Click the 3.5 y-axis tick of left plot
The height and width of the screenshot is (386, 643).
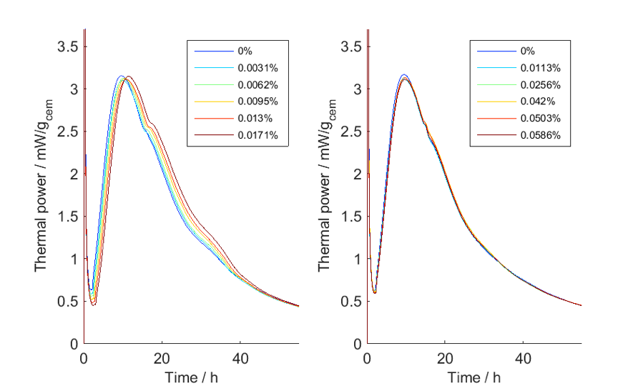(69, 46)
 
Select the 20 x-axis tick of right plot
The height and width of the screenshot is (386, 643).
(446, 357)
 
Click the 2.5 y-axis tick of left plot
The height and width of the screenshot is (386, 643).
(69, 132)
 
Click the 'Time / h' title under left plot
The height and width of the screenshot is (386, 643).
(191, 377)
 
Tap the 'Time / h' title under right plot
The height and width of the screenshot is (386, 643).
(474, 377)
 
